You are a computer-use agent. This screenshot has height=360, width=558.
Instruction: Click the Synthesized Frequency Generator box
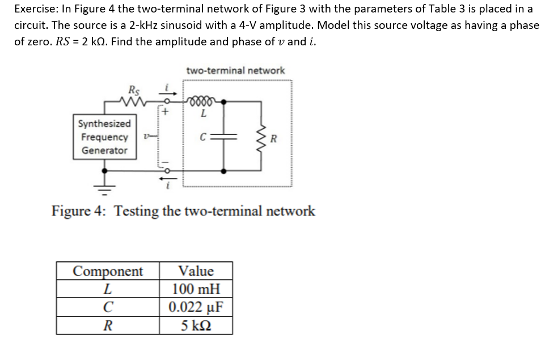pos(105,137)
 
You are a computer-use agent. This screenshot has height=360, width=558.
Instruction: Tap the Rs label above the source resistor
pos(134,90)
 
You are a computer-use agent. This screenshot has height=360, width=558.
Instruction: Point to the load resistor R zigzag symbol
pos(262,137)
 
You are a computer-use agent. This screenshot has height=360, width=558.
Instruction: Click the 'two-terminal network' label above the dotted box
pos(235,71)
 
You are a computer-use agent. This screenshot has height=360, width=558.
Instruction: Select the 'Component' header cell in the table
pos(108,271)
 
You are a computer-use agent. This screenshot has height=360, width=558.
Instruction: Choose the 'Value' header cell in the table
pos(196,271)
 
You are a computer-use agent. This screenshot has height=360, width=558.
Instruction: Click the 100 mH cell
pos(196,289)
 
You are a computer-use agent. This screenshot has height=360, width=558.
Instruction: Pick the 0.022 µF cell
pos(196,308)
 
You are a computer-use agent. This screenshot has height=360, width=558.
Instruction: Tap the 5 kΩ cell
pos(196,326)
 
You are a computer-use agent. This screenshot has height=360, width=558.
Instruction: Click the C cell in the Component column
pos(108,308)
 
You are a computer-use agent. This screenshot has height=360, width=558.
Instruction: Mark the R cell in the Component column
pos(108,326)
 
